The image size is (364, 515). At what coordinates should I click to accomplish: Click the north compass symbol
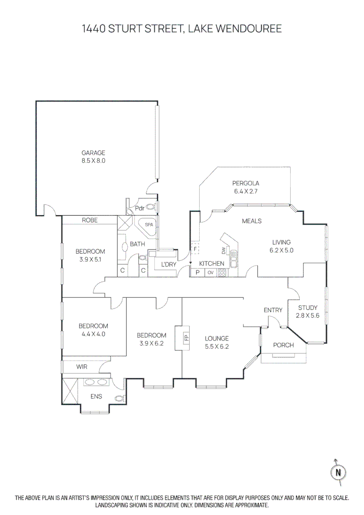(338, 472)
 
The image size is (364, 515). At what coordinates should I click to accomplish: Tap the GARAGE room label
(93, 153)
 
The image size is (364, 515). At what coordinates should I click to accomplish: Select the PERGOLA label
(245, 183)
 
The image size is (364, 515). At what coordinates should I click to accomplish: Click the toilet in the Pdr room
(151, 207)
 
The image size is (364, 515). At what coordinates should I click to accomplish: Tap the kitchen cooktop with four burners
(222, 273)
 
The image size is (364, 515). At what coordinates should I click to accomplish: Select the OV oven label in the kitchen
(210, 273)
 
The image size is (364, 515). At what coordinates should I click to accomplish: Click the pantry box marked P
(197, 273)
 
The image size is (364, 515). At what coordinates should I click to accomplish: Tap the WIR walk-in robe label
(82, 367)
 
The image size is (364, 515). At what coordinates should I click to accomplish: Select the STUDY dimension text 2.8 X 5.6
(307, 315)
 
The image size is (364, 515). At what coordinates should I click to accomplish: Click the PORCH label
(283, 345)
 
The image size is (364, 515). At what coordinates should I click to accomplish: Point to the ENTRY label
(273, 310)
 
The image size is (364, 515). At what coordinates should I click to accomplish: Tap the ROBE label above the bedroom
(90, 220)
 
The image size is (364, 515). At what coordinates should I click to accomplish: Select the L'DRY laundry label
(169, 264)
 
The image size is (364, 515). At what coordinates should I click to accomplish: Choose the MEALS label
(252, 221)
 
